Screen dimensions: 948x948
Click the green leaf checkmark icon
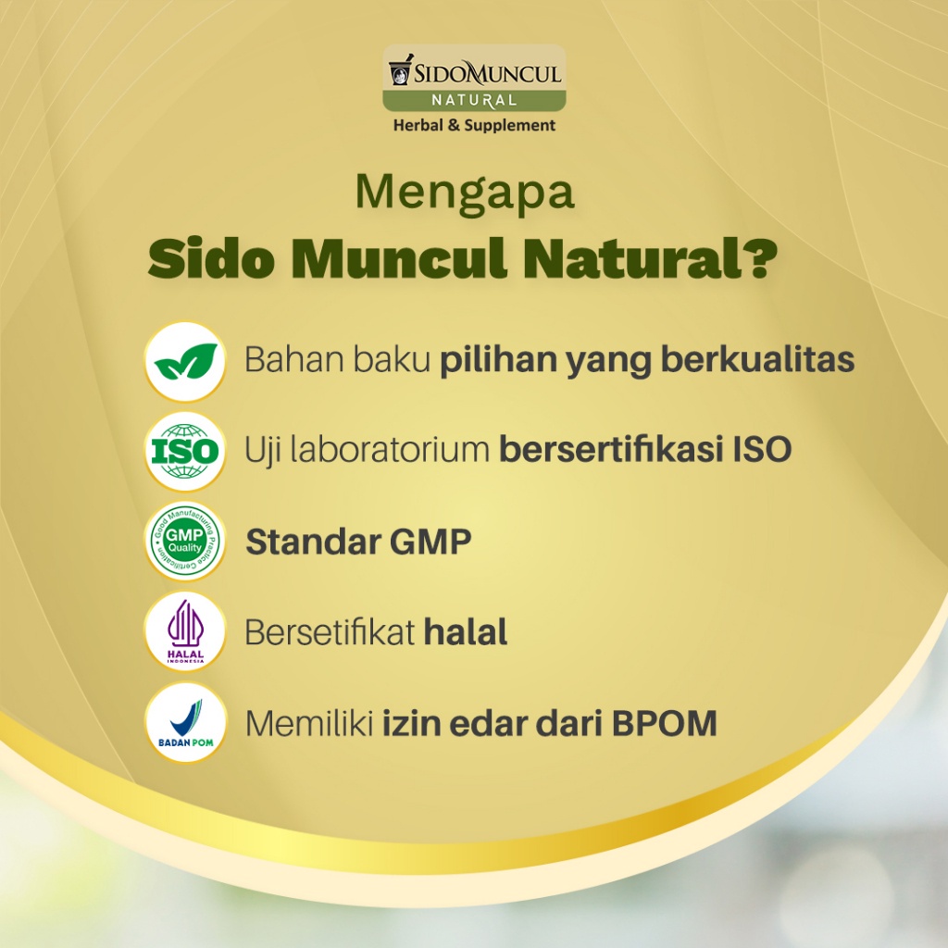pyautogui.click(x=185, y=362)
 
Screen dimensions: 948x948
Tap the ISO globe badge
pyautogui.click(x=185, y=452)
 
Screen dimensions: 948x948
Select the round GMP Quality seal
pyautogui.click(x=185, y=541)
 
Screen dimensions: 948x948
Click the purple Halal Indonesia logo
pyautogui.click(x=185, y=631)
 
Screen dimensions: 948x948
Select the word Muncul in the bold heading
pyautogui.click(x=399, y=259)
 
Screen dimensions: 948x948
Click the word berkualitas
pyautogui.click(x=757, y=360)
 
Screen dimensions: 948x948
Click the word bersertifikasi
pyautogui.click(x=611, y=450)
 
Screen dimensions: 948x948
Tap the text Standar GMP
pyautogui.click(x=358, y=542)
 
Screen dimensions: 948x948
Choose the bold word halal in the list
pyautogui.click(x=466, y=632)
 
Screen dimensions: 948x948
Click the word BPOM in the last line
pyautogui.click(x=665, y=723)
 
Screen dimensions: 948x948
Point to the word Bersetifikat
pyautogui.click(x=330, y=632)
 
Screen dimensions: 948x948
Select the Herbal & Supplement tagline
pyautogui.click(x=475, y=125)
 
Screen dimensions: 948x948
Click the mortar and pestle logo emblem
pyautogui.click(x=400, y=69)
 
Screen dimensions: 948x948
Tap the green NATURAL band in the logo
pyautogui.click(x=475, y=100)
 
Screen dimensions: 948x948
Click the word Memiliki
pyautogui.click(x=309, y=723)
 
